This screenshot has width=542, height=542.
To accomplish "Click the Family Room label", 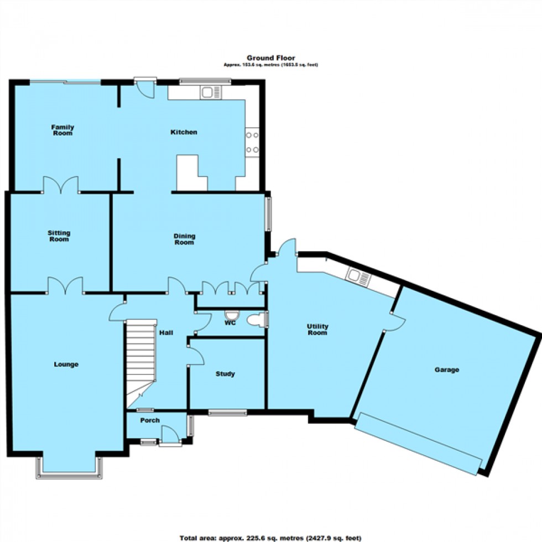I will tap(62, 130).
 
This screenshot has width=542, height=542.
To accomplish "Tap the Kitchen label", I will tap(184, 132).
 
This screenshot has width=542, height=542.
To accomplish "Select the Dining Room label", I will tap(185, 239).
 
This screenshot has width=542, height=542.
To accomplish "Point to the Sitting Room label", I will tap(59, 236).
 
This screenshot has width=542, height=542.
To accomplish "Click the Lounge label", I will tap(66, 364).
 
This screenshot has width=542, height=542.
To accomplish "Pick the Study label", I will tap(225, 374).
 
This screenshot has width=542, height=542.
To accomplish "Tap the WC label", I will tap(230, 322).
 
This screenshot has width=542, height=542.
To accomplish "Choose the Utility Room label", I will tap(318, 330).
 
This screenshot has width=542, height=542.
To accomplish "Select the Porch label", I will tap(149, 420).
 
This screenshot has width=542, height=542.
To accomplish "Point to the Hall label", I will tap(166, 333).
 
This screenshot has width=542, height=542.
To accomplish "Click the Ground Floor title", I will tap(270, 58).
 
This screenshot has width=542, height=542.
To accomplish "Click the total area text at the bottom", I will tap(270, 537).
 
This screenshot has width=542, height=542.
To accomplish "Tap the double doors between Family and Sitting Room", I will tap(61, 185).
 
